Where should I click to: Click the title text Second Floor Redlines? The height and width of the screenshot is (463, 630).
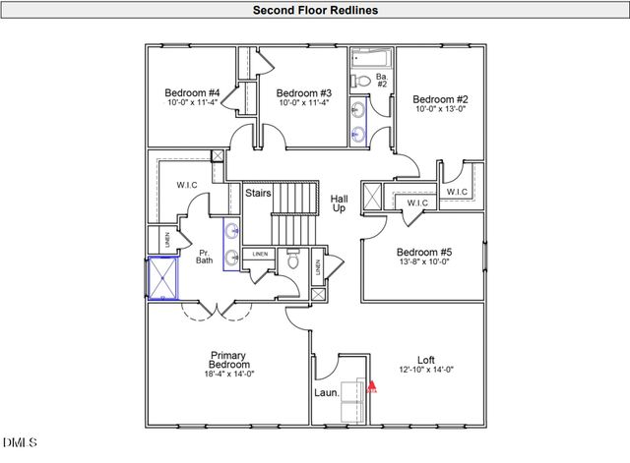[315, 11]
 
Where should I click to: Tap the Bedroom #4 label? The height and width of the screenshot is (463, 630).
[192, 94]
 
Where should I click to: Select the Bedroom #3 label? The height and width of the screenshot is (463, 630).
[303, 94]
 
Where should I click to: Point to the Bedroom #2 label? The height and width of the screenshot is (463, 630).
[439, 99]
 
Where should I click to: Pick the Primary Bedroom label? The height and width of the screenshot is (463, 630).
[227, 361]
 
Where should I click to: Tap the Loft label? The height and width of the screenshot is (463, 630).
[427, 360]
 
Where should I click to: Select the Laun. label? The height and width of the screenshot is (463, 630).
[326, 392]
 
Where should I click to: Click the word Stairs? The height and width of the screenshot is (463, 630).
[259, 194]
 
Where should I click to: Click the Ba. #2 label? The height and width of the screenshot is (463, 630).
[381, 80]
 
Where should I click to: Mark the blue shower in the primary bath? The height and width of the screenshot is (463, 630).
[162, 278]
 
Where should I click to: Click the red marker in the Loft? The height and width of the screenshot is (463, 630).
[371, 386]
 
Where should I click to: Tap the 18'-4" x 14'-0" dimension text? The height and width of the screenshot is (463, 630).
[227, 375]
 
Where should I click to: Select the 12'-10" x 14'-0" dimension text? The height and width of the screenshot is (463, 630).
[427, 370]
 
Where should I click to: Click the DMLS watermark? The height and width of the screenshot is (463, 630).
[18, 443]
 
